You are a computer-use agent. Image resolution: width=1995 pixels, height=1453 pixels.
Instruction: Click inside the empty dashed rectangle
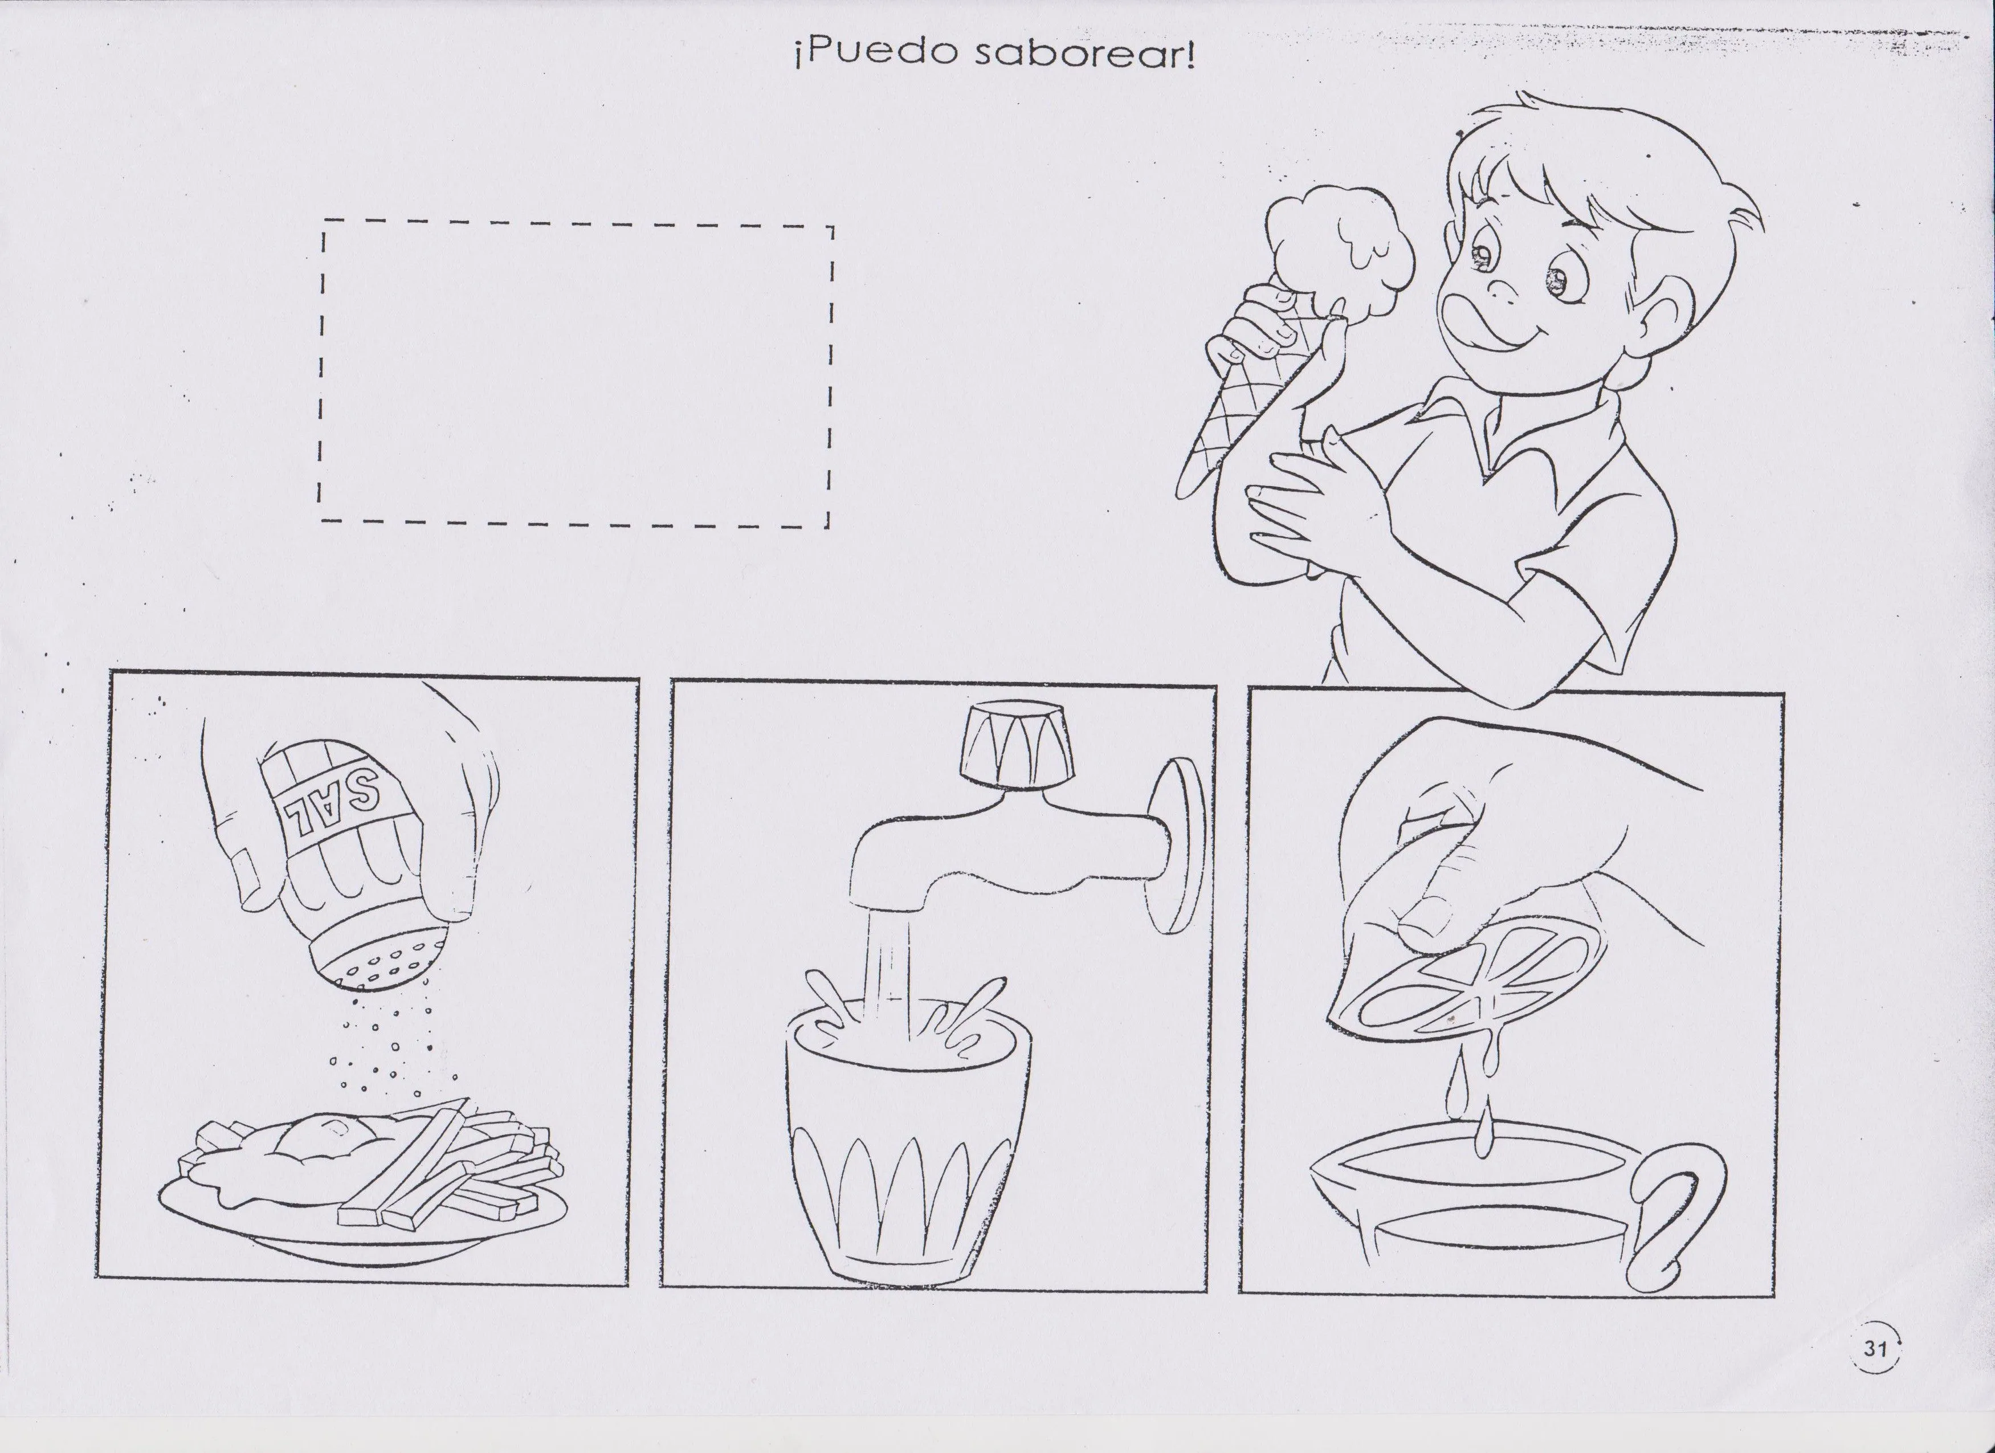(x=576, y=374)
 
